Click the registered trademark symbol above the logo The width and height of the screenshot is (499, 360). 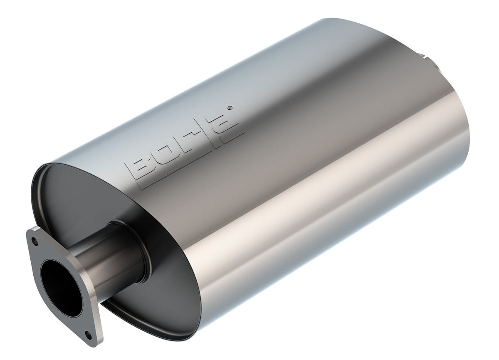230,108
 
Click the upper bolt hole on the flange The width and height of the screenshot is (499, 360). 34,240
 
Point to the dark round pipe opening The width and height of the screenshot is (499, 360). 61,286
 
